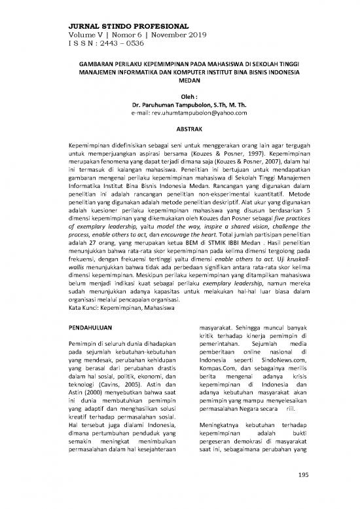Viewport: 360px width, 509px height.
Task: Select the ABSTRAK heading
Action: tap(179, 130)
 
